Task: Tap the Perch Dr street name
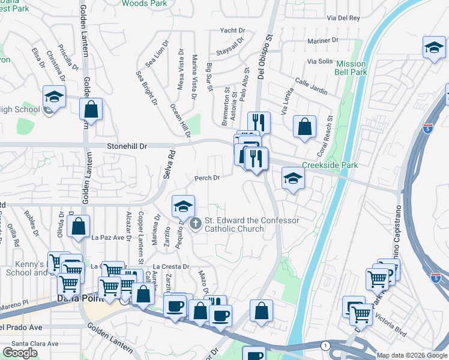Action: click(x=207, y=178)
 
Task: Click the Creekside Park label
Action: click(x=330, y=165)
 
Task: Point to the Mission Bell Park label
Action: click(x=351, y=68)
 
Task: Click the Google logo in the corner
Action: click(x=20, y=353)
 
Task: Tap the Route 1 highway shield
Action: click(x=325, y=346)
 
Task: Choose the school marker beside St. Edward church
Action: click(x=183, y=207)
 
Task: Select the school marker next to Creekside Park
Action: click(x=293, y=179)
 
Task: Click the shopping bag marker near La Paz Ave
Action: click(x=78, y=227)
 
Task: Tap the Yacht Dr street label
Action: click(x=233, y=30)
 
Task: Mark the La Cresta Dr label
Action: click(x=171, y=266)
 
